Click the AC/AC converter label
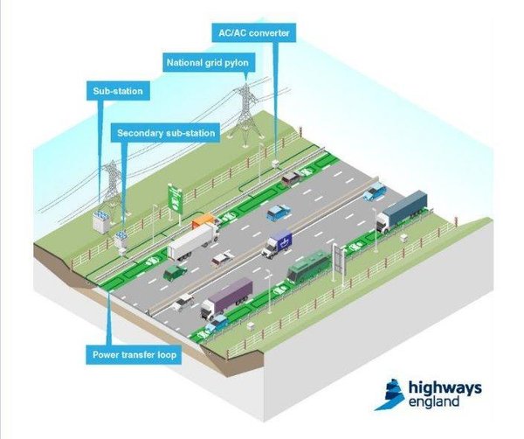pyautogui.click(x=253, y=32)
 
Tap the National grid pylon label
pyautogui.click(x=208, y=63)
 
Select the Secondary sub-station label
pyautogui.click(x=166, y=133)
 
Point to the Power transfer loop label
pyautogui.click(x=134, y=355)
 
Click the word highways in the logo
pyautogui.click(x=445, y=389)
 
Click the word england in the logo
pyautogui.click(x=434, y=401)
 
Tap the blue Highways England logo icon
pyautogui.click(x=390, y=394)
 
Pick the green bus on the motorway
pyautogui.click(x=309, y=266)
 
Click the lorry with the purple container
pyautogui.click(x=226, y=297)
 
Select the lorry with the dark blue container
pyautogui.click(x=402, y=211)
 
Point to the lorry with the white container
pyautogui.click(x=193, y=241)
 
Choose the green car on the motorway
pyautogui.click(x=175, y=273)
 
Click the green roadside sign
pyautogui.click(x=176, y=200)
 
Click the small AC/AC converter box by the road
pyautogui.click(x=275, y=164)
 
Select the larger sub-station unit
pyautogui.click(x=100, y=221)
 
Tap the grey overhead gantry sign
pyautogui.click(x=338, y=260)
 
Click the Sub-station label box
pyautogui.click(x=118, y=91)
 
